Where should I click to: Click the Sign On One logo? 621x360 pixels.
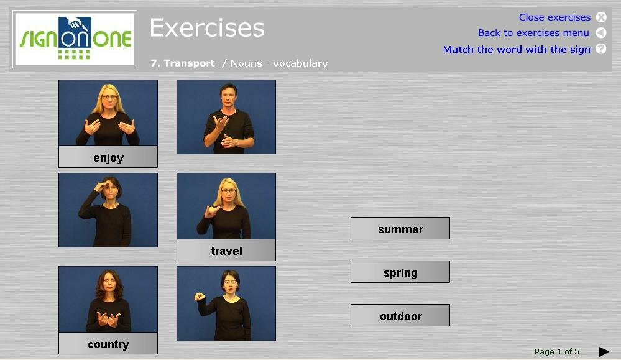(x=75, y=39)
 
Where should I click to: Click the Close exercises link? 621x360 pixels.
(x=554, y=17)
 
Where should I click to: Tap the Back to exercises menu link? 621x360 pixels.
(x=533, y=33)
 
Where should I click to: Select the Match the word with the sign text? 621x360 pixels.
(x=517, y=50)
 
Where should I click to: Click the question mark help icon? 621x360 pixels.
(x=601, y=48)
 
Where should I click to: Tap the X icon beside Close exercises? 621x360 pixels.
(x=601, y=17)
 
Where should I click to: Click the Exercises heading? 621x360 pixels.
(x=207, y=28)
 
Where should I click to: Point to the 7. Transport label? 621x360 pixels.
(x=183, y=63)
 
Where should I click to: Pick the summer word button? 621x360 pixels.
(x=400, y=228)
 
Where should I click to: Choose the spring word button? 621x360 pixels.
(x=400, y=272)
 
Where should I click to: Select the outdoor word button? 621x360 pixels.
(x=400, y=315)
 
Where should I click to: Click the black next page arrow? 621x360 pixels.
(x=604, y=352)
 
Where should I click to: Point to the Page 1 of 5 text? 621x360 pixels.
(x=556, y=352)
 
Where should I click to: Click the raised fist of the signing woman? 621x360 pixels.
(x=199, y=297)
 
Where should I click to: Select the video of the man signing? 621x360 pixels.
(x=226, y=117)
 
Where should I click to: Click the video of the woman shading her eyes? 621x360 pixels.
(x=108, y=210)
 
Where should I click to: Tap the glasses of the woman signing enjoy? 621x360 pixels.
(x=109, y=97)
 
